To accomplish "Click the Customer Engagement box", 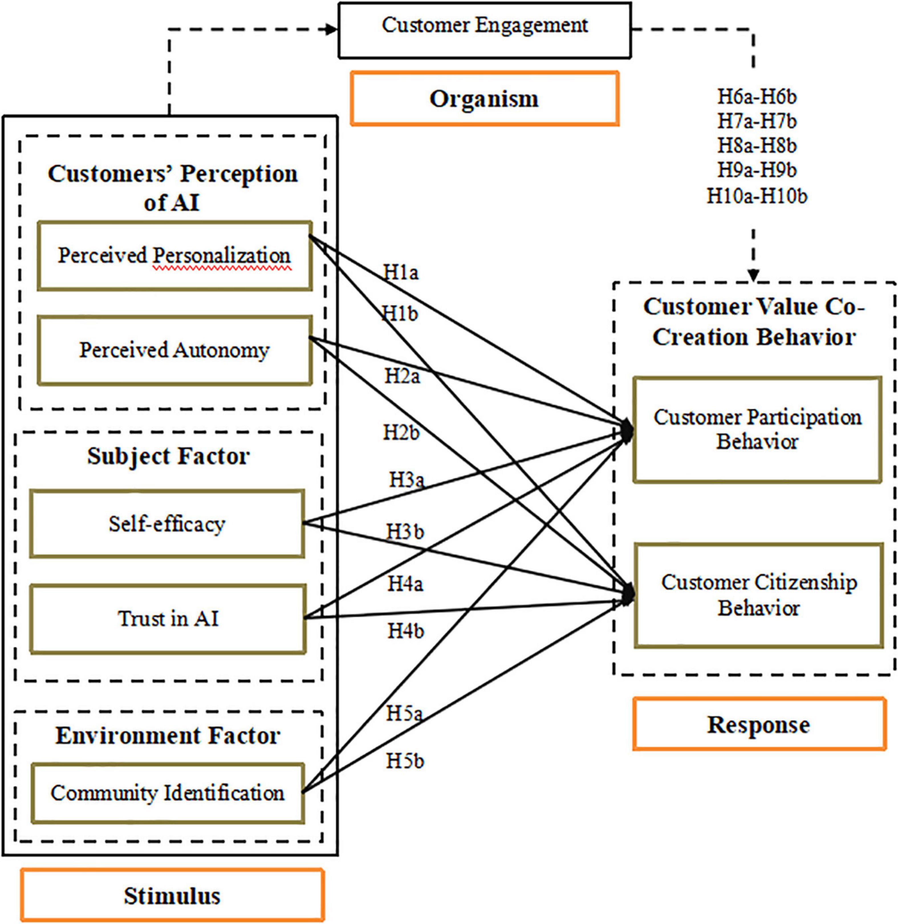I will click(484, 30).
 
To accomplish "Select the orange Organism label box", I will click(484, 99).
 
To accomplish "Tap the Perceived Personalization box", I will click(174, 256).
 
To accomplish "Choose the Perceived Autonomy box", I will click(174, 350).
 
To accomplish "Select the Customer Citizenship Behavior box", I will click(758, 595).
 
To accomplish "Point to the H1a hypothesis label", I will click(401, 273).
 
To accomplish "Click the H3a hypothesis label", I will click(406, 480).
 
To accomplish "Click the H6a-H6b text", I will click(757, 97).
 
